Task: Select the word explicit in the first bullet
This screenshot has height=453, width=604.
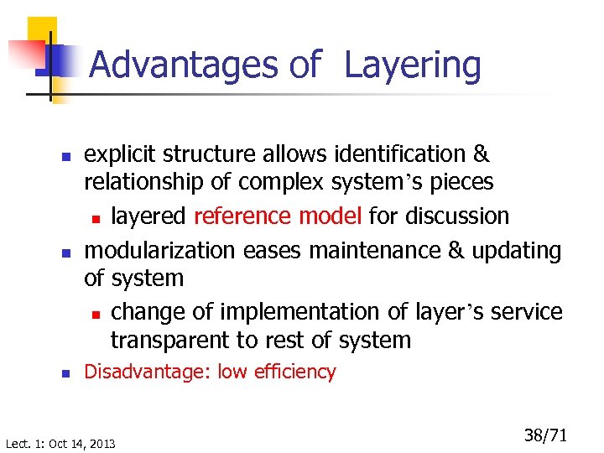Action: pyautogui.click(x=121, y=155)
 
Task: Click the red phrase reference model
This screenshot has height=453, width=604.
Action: pyautogui.click(x=278, y=216)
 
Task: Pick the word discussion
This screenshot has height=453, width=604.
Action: pyautogui.click(x=457, y=216)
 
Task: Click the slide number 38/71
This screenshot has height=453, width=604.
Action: pyautogui.click(x=545, y=435)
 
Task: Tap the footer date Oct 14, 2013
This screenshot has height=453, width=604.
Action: pyautogui.click(x=84, y=443)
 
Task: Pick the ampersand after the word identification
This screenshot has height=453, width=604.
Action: pyautogui.click(x=481, y=154)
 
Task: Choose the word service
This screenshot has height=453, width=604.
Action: pyautogui.click(x=527, y=311)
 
